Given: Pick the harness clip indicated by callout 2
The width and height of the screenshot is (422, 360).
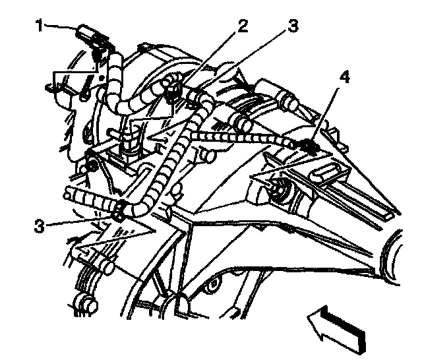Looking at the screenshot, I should pyautogui.click(x=174, y=86).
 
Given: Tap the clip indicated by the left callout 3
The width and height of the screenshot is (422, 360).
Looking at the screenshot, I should pyautogui.click(x=119, y=213).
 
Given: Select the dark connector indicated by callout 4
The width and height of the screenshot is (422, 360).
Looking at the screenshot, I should pyautogui.click(x=307, y=144).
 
